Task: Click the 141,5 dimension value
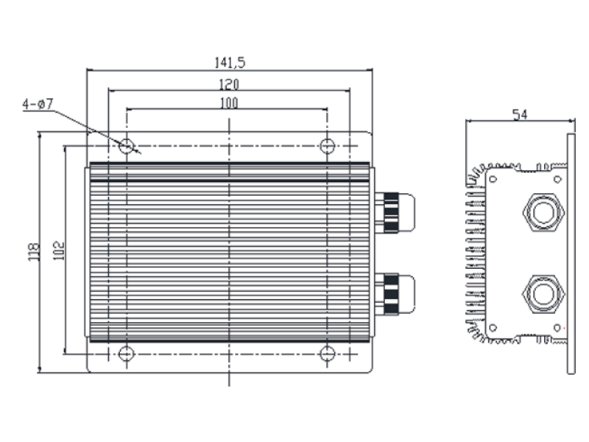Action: tap(230, 63)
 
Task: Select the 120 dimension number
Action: tap(229, 85)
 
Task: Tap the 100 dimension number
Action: tap(229, 103)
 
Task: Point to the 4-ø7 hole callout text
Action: tap(38, 104)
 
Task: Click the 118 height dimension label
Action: tap(35, 252)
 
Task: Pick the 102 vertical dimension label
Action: tap(59, 250)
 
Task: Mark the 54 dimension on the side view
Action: tap(521, 114)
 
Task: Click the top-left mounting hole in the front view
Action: tap(126, 145)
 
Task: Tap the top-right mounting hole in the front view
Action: tap(327, 145)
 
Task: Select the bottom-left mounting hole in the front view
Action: tap(126, 354)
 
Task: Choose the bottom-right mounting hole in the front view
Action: tap(327, 354)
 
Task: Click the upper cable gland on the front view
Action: tap(395, 213)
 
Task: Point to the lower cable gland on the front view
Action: tap(395, 294)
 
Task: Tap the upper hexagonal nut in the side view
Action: tap(543, 212)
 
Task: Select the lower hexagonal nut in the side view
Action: tap(543, 294)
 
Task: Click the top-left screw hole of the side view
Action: tap(493, 179)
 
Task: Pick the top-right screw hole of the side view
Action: tap(557, 179)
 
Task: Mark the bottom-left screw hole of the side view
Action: tap(493, 328)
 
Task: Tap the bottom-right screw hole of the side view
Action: tap(557, 328)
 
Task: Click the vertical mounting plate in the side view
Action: tap(571, 253)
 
